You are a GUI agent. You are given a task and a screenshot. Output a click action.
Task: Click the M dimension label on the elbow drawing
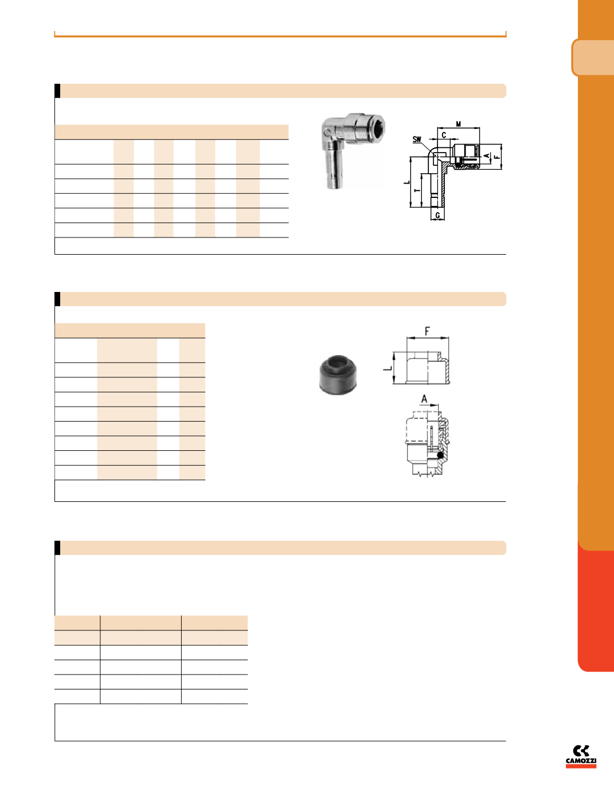tap(458, 124)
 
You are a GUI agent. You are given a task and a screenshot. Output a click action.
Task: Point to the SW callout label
tap(417, 139)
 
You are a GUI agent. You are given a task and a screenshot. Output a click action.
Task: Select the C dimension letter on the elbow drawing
tap(444, 135)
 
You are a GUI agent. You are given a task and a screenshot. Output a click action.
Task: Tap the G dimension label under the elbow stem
tap(437, 216)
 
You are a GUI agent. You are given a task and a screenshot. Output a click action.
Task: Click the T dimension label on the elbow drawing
tap(417, 190)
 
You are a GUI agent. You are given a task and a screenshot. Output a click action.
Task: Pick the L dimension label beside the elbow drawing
tap(406, 182)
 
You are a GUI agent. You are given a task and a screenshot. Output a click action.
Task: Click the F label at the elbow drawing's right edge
tap(496, 157)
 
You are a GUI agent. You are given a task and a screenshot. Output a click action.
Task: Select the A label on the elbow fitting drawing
tap(487, 155)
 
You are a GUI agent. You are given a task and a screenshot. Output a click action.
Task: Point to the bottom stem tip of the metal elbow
tap(333, 186)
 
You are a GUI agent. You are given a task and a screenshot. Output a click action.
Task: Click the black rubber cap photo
tap(338, 375)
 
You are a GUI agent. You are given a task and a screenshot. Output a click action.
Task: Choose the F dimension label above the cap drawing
tap(427, 332)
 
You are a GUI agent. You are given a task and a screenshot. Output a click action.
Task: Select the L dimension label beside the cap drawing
tap(388, 368)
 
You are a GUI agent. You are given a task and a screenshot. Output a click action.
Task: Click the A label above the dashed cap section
tap(424, 399)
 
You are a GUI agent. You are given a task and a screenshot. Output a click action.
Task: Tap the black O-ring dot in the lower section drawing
tap(440, 455)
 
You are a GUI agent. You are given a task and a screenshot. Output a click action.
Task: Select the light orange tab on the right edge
tap(593, 57)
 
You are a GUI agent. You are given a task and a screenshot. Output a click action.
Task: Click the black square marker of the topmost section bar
tap(57, 91)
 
